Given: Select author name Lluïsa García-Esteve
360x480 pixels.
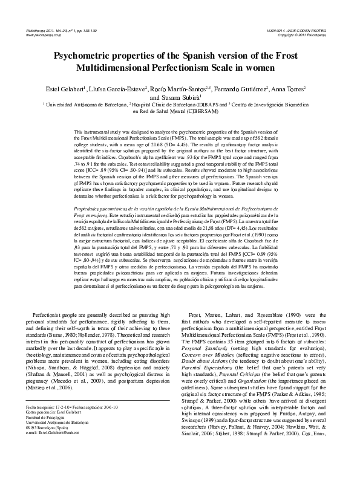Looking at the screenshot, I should click(123, 88).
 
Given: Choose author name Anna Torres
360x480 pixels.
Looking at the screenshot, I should click(290, 88).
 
